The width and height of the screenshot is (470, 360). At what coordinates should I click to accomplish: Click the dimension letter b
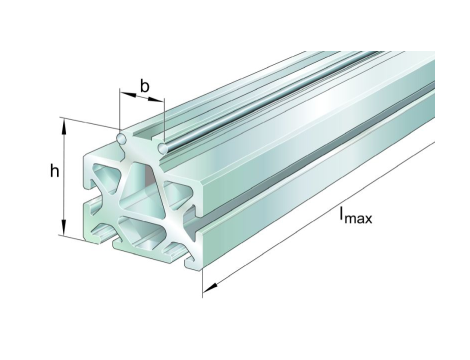pos(145,86)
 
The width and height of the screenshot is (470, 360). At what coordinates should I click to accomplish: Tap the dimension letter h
pos(54,171)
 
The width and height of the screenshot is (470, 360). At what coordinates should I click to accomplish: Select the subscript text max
pos(358,219)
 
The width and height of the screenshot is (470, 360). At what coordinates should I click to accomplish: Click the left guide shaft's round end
pos(121,138)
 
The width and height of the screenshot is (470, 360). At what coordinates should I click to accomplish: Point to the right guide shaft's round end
pos(163,148)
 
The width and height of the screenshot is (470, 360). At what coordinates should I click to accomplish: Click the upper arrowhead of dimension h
pos(64,126)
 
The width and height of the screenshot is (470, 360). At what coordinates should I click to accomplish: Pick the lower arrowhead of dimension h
pos(64,228)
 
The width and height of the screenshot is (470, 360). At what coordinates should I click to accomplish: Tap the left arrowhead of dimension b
pos(128,94)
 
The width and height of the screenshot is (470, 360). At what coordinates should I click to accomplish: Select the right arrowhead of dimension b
pos(156,99)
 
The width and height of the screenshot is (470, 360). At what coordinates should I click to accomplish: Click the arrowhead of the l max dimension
pos(210,287)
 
